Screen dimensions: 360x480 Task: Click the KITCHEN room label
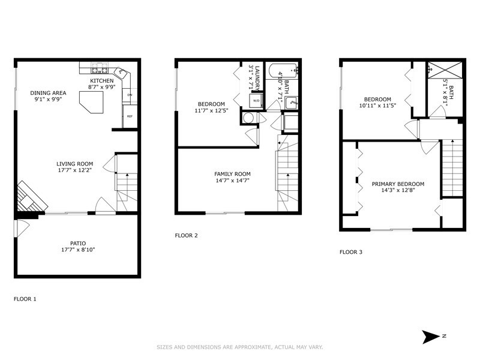tap(101, 80)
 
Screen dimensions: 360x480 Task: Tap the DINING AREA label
tap(48, 93)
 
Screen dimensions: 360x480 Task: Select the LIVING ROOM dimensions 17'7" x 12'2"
tap(75, 170)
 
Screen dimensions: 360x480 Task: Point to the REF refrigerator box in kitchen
tap(130, 116)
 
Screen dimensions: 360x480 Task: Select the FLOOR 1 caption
tap(25, 298)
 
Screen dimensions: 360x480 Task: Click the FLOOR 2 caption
tap(186, 235)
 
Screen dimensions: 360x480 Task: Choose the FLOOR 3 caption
tap(351, 252)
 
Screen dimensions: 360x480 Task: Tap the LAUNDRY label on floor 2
tap(256, 75)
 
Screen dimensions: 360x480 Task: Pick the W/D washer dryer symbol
tap(256, 100)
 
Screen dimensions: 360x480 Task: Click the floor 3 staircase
tap(452, 168)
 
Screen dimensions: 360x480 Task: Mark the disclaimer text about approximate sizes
tap(240, 347)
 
